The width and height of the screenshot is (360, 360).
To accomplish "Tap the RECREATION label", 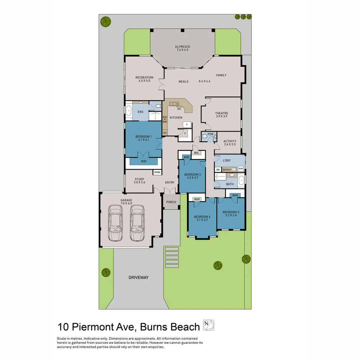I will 144,78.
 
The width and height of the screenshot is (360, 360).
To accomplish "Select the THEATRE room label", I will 222,113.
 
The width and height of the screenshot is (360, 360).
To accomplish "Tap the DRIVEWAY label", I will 138,277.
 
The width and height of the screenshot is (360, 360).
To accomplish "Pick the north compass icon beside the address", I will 208,325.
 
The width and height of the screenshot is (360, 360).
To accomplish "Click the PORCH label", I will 171,202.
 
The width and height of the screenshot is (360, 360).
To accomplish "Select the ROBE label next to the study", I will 157,172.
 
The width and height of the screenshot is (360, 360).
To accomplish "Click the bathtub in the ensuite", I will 128,110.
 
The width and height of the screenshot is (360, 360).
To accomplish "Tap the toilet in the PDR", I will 205,136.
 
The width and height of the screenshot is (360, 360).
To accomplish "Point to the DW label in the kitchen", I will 179,109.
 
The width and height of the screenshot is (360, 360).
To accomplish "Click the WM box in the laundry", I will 241,169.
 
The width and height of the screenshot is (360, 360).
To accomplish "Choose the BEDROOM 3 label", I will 231,212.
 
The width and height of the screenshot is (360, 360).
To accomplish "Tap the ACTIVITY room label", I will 230,141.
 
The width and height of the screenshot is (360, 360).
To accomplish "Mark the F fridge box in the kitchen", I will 187,125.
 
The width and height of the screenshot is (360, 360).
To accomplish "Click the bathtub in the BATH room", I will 241,181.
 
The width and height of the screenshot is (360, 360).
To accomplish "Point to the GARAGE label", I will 126,200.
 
